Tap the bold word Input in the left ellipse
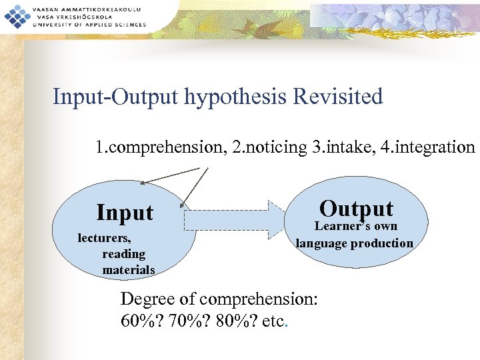pos(125,213)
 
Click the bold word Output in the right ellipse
pos(356,208)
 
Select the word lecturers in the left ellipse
pos(104,237)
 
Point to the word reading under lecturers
pos(123,254)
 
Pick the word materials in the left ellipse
pos(129,270)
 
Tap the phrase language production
pos(355,243)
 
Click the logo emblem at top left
pos(14,15)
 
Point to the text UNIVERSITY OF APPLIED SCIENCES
pos(83,25)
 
